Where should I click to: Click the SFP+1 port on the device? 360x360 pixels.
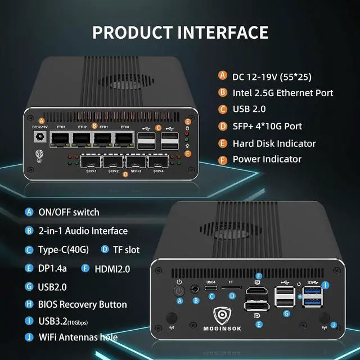90,161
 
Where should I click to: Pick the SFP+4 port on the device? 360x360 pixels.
156,161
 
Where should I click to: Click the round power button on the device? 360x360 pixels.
179,291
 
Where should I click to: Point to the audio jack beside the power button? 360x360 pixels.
196,290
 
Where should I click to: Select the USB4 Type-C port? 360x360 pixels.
211,289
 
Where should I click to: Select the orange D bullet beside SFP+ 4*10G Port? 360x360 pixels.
223,126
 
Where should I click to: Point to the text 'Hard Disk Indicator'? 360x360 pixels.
274,143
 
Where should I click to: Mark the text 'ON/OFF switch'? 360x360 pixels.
69,212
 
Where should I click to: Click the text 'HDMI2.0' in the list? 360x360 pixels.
112,269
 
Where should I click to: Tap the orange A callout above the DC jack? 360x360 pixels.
42,120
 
